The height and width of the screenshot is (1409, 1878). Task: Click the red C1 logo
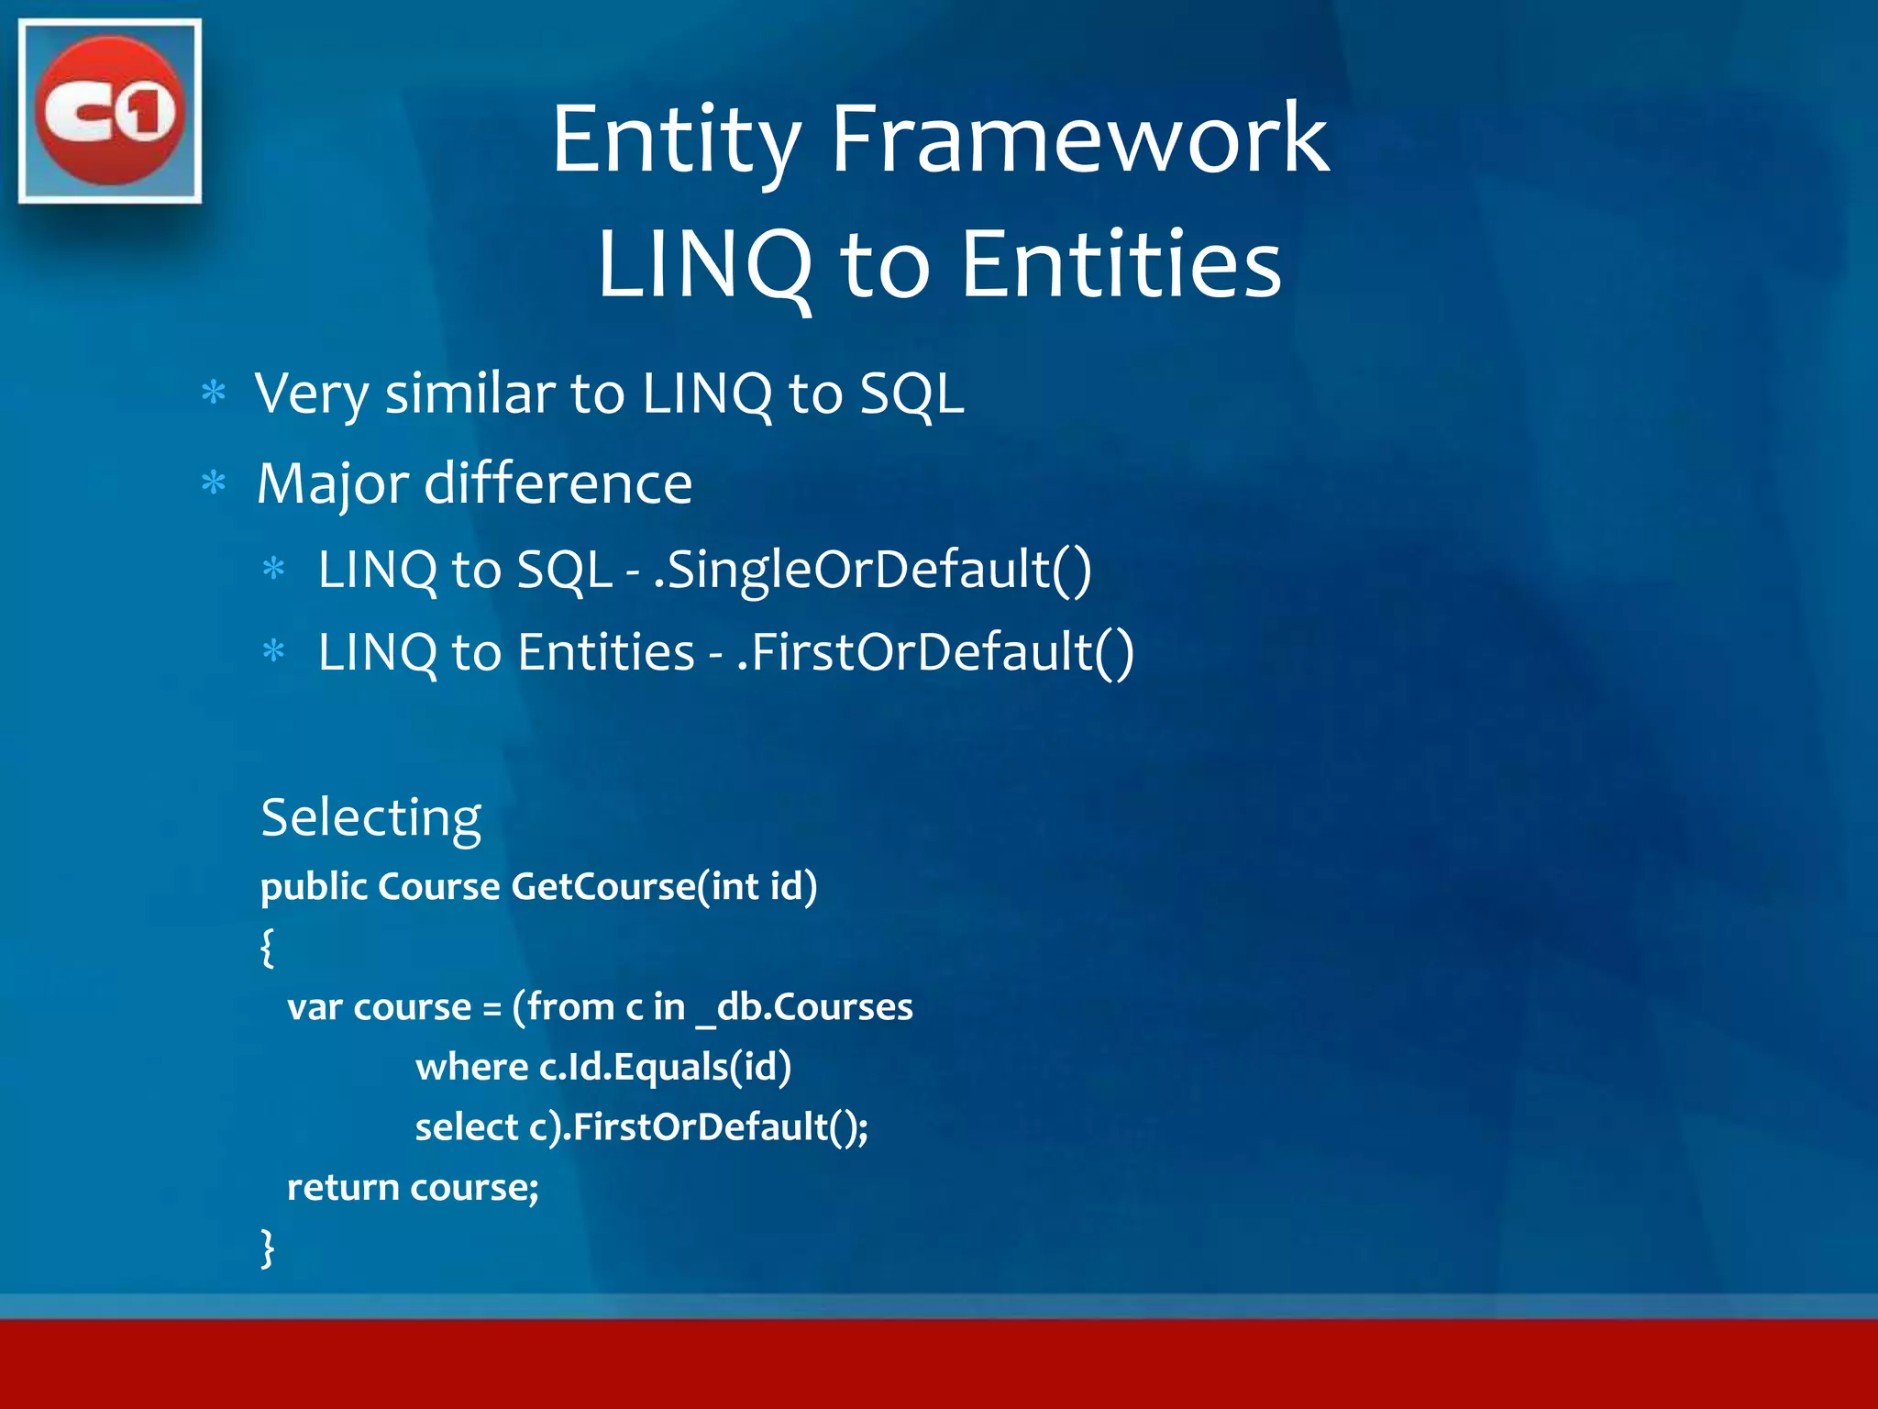110,111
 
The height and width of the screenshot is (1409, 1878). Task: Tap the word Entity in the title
676,139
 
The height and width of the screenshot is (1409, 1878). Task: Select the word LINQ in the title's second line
704,265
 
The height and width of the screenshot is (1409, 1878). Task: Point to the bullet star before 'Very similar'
214,394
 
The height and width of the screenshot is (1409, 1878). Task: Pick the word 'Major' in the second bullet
332,483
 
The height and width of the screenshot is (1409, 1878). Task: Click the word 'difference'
558,483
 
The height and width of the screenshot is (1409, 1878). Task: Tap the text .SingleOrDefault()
872,570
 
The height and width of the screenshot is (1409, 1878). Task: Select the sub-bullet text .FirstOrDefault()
936,652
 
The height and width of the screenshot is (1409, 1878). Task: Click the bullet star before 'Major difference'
214,483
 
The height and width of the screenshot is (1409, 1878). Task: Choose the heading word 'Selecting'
370,816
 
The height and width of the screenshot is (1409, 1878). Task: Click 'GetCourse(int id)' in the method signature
664,886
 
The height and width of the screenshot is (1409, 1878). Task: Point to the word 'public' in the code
314,887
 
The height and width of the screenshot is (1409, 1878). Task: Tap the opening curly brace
267,947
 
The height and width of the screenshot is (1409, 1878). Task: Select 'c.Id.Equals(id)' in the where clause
665,1067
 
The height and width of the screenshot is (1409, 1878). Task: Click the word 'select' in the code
466,1127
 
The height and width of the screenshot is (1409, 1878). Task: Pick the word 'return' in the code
342,1188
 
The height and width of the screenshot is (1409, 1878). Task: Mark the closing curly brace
267,1248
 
